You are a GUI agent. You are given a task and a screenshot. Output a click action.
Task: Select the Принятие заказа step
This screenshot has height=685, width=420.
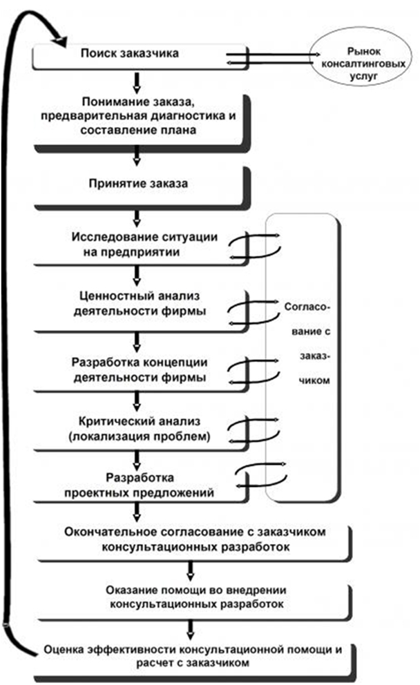[x=138, y=184]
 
